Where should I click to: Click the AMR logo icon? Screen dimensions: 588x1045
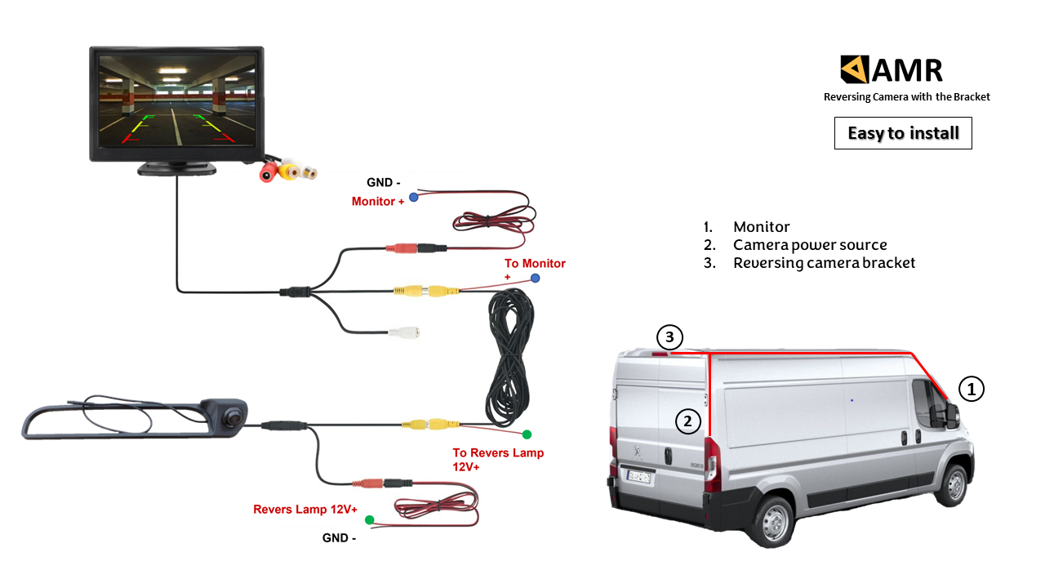854,69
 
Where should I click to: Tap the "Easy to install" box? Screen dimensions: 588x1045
903,133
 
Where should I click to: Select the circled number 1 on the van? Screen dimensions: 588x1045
971,390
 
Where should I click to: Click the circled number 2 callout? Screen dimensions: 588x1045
688,421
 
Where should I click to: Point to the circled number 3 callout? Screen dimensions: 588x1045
669,336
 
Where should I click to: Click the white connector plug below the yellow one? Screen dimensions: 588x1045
404,333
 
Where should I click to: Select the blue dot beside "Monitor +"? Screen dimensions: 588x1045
414,197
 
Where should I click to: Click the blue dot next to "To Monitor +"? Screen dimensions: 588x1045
535,278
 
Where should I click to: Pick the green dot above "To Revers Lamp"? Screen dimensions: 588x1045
527,434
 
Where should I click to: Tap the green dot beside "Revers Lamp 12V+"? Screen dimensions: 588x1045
369,519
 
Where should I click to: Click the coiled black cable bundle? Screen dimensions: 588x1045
509,359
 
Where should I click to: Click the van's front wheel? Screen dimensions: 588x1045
952,486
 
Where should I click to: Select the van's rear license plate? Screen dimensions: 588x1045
638,476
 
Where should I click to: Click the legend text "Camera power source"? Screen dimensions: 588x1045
810,245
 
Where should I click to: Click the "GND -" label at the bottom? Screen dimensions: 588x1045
339,538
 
